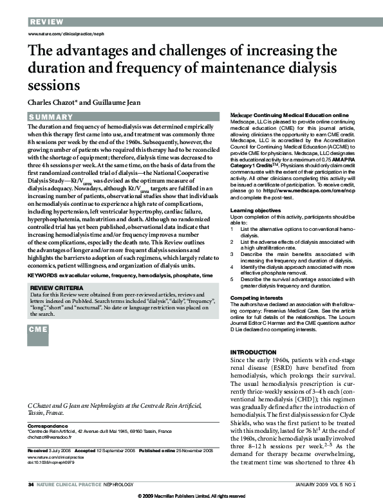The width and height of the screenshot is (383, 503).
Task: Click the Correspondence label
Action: (48, 425)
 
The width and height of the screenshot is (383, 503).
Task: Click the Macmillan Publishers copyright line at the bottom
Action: (192, 497)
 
